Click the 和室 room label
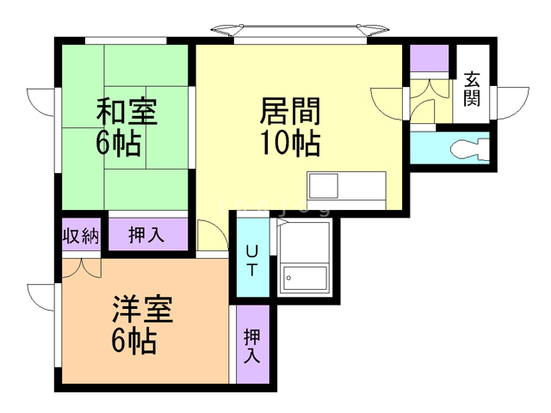[x=126, y=112]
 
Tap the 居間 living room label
[x=290, y=111]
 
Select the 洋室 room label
[x=142, y=309]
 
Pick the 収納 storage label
[x=81, y=235]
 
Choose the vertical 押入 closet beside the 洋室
[x=252, y=345]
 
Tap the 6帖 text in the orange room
[x=133, y=342]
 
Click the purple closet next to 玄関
[x=429, y=59]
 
